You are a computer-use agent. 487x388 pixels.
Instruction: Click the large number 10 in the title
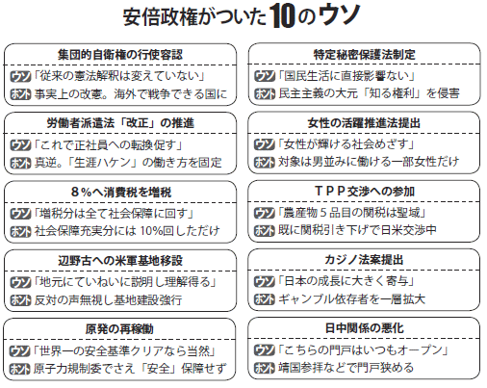tap(282, 16)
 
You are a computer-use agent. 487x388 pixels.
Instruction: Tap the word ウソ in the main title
tap(340, 14)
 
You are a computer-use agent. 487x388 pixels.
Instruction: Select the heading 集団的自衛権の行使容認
tap(120, 55)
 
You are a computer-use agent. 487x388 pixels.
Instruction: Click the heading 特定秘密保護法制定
tap(364, 55)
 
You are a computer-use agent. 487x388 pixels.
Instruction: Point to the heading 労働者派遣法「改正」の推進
tap(120, 123)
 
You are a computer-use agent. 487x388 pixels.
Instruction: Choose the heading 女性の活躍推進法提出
tap(364, 123)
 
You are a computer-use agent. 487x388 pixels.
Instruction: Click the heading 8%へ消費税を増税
tap(121, 192)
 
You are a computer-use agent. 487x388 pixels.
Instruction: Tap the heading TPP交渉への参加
tap(365, 192)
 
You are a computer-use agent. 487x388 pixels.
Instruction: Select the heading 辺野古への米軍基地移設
tap(120, 260)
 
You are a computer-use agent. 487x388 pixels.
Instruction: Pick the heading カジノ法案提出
tap(364, 260)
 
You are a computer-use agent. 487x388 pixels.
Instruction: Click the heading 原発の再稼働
tap(119, 329)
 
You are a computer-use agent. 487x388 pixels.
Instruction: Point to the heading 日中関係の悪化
tap(364, 328)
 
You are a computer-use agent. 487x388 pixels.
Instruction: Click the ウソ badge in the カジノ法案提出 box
tap(265, 281)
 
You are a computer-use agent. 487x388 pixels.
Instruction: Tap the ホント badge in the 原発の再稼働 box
tap(20, 369)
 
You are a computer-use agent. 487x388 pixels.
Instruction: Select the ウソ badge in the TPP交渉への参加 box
tap(265, 213)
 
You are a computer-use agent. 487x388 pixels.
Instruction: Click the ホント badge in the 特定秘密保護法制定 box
tap(265, 93)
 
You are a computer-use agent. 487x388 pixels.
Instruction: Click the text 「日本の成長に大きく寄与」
tap(346, 281)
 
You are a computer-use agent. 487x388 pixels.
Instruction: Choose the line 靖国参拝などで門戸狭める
tap(346, 368)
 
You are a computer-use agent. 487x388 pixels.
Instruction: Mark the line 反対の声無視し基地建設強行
tap(108, 300)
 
